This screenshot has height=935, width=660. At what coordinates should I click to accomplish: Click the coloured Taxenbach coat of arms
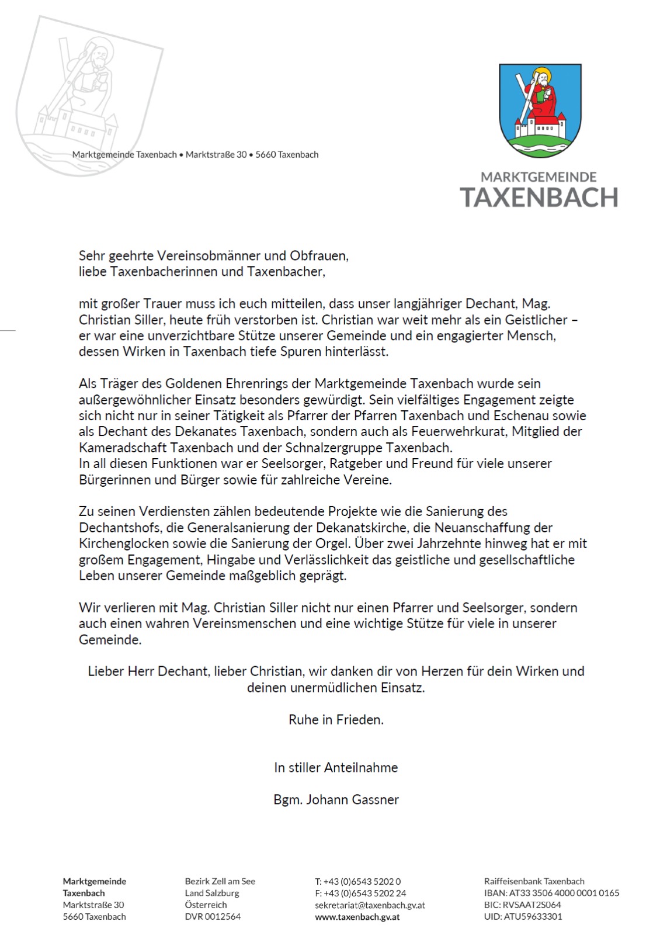point(540,110)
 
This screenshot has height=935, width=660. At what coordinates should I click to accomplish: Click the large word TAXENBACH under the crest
point(539,198)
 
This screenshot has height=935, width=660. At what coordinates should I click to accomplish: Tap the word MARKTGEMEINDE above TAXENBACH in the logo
point(539,176)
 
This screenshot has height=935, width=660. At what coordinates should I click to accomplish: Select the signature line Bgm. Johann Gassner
point(336,799)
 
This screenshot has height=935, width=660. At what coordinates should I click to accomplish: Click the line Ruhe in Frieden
point(336,719)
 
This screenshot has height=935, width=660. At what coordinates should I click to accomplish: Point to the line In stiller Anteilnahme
point(336,767)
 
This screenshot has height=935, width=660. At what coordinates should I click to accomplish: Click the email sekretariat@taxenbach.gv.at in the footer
point(370,905)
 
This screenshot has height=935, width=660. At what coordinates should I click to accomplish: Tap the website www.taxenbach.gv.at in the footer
point(357,917)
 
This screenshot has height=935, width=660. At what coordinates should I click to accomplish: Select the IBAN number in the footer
point(551,893)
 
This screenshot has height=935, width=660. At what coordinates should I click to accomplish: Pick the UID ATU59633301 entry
point(523,916)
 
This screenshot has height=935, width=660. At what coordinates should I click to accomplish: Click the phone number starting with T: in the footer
point(357,881)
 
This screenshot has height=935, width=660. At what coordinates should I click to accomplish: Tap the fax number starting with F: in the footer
point(360,893)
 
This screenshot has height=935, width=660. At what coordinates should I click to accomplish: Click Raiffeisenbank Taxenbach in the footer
point(534,881)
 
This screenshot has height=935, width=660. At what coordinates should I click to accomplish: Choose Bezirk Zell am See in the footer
point(220,881)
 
